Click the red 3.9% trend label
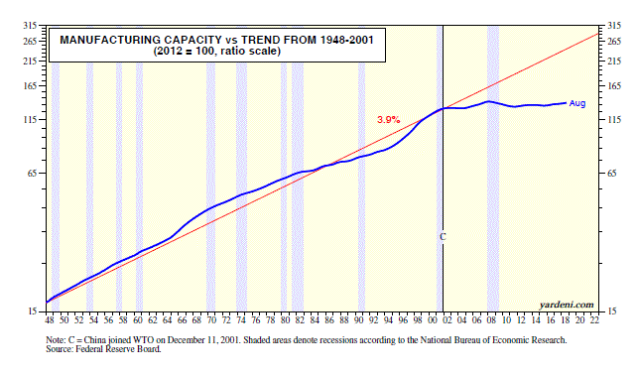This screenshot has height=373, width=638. click(389, 120)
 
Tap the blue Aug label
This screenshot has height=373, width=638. click(576, 103)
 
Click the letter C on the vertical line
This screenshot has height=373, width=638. click(444, 237)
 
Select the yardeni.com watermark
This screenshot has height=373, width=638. click(567, 305)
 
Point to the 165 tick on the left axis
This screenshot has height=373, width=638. click(31, 86)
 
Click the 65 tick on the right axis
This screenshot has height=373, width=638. click(611, 174)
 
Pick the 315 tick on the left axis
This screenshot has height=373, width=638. click(31, 26)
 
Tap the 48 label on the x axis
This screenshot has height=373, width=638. click(50, 320)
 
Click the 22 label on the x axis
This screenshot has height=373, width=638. click(594, 320)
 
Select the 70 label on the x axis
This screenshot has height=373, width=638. click(211, 320)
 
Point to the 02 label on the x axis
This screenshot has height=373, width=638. click(447, 320)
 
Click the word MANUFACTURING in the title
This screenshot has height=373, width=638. click(110, 40)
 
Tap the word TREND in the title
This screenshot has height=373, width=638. click(261, 40)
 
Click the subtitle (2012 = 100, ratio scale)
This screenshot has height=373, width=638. click(217, 52)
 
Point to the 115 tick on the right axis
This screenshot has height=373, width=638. click(614, 120)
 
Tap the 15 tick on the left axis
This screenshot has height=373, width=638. click(33, 311)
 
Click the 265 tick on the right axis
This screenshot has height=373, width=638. click(614, 41)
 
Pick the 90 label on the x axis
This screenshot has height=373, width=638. click(358, 320)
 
